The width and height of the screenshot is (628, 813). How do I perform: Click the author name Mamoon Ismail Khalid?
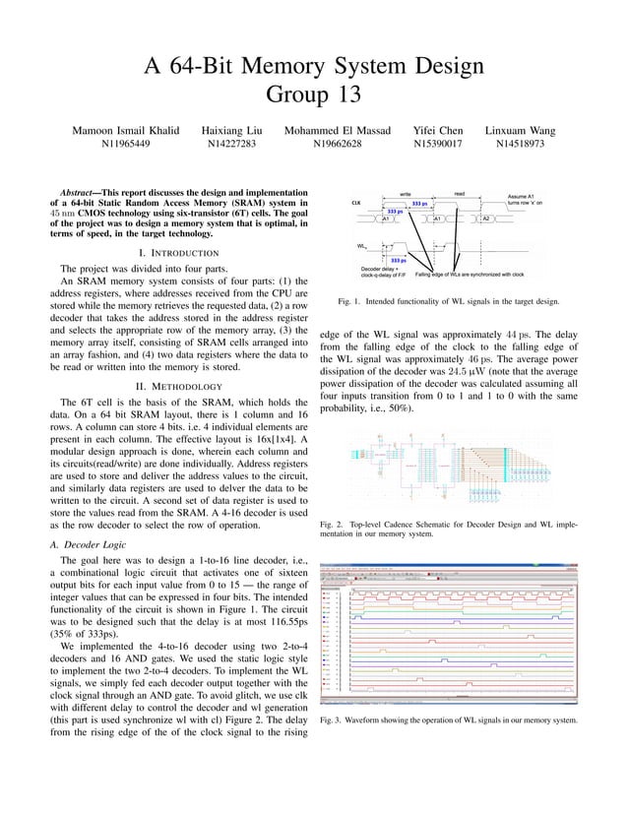(126, 131)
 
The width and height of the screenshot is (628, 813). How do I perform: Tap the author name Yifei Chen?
(438, 131)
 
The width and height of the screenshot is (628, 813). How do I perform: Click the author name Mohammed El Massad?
(337, 131)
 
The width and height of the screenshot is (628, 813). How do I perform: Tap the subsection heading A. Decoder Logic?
(89, 543)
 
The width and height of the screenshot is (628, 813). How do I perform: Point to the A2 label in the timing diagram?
(486, 219)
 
